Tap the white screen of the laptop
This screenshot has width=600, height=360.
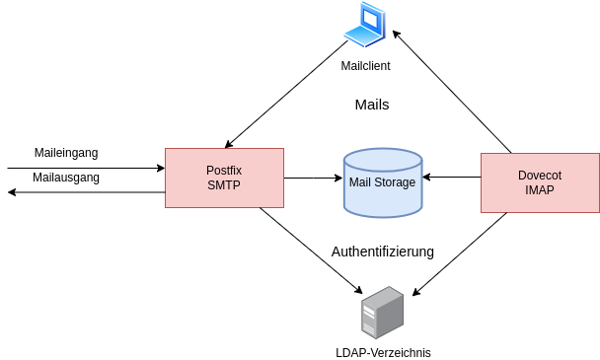(x=370, y=19)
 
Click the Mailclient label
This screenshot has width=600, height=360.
(x=366, y=66)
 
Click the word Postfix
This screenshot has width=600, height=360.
(x=224, y=171)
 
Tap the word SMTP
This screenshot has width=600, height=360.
(x=224, y=185)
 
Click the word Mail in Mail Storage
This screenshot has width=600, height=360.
(x=361, y=182)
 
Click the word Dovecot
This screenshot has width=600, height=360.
(x=540, y=176)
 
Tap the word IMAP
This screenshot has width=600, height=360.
(x=540, y=190)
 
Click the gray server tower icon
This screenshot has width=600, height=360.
(x=382, y=313)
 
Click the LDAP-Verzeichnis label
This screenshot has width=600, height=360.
(x=383, y=352)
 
